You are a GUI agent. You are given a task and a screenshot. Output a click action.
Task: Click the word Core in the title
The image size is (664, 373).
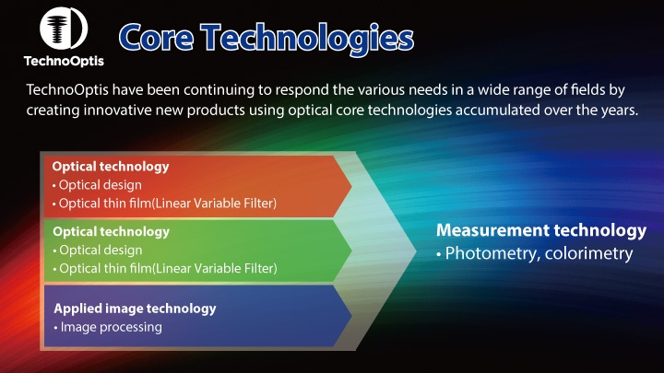[156, 38]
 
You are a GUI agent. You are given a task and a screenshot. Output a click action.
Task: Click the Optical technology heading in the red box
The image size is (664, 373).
[111, 167]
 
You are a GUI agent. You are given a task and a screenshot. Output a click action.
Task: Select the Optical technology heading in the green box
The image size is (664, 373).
[111, 232]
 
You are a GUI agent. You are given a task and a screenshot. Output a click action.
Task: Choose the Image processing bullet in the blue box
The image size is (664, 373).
[108, 327]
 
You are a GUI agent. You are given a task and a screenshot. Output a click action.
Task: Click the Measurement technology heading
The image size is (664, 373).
[540, 229]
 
